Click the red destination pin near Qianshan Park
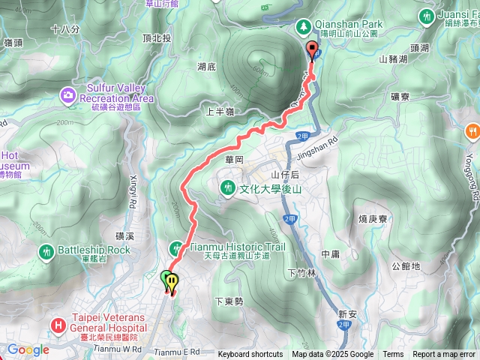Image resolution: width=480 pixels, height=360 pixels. pos(313,50)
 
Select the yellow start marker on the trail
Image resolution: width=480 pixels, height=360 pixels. pos(173,282)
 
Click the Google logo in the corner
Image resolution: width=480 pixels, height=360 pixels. pos(28,349)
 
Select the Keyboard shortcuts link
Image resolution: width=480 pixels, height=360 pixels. pos(250,355)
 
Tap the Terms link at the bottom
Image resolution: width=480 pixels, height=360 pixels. pos(393,355)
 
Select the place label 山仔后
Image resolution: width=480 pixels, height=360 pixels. pos(284,174)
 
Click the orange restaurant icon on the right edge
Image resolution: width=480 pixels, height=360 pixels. pos(472,129)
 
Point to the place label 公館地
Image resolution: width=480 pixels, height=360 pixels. pos(406,266)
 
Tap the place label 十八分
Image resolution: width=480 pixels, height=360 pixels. pos(66,28)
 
